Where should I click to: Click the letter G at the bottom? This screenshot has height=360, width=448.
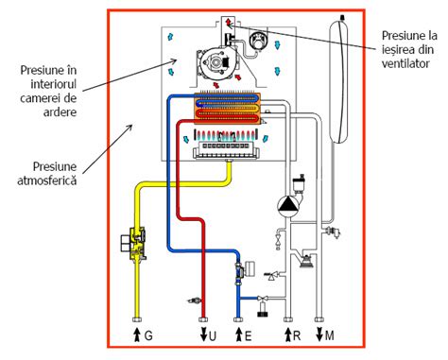coord(148,336)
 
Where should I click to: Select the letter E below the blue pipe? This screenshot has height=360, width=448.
coord(247,336)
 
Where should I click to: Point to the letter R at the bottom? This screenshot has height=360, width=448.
coord(293,336)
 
